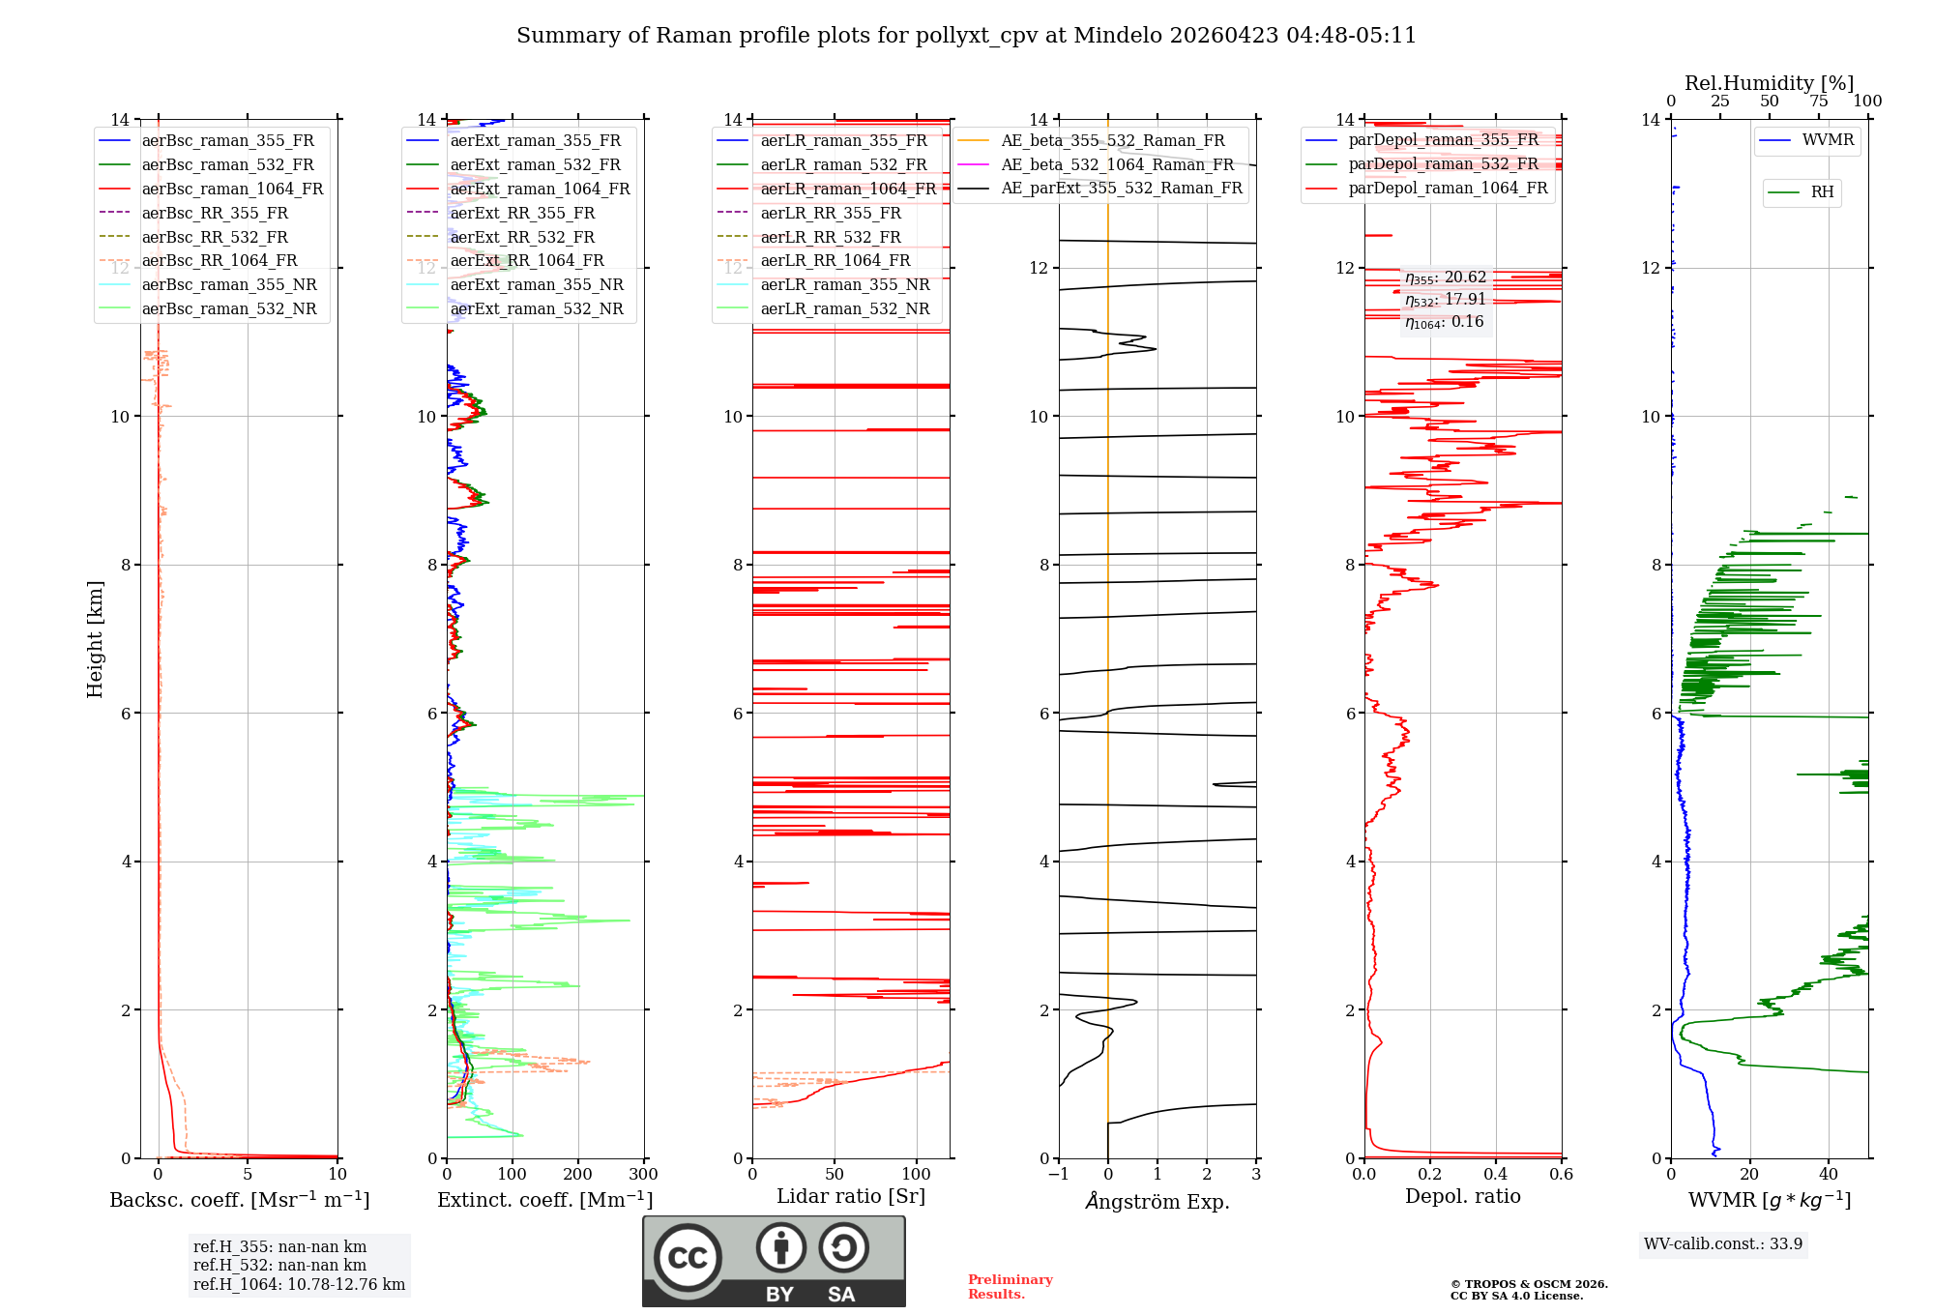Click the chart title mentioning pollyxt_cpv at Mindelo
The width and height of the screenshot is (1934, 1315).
click(x=966, y=36)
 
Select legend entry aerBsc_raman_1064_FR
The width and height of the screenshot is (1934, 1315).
click(x=232, y=189)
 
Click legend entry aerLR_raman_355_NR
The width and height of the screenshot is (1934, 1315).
click(x=844, y=284)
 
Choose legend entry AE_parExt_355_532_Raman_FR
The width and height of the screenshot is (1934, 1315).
click(x=1121, y=188)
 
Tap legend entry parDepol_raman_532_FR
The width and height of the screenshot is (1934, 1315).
click(x=1443, y=163)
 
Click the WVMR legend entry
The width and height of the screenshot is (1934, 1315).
click(x=1828, y=140)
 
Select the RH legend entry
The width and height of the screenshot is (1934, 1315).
click(x=1822, y=192)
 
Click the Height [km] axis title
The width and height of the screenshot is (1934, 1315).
click(x=95, y=638)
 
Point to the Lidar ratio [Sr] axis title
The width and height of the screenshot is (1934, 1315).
click(x=851, y=1196)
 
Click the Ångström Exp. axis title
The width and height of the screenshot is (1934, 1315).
click(x=1157, y=1201)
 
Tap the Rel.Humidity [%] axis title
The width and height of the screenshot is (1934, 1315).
click(x=1769, y=83)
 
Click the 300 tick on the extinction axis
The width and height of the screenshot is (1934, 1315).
click(x=643, y=1174)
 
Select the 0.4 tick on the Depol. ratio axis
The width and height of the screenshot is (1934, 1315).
click(x=1496, y=1174)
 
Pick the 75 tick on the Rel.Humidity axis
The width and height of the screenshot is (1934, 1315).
click(x=1818, y=102)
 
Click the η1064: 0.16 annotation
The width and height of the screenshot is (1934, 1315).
click(x=1445, y=322)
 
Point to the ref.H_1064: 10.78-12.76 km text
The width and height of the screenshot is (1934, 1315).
click(x=299, y=1284)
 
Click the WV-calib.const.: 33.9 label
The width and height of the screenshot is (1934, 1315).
click(x=1723, y=1243)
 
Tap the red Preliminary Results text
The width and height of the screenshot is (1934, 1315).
click(x=1010, y=1286)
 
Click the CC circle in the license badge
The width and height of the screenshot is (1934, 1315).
click(x=688, y=1258)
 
